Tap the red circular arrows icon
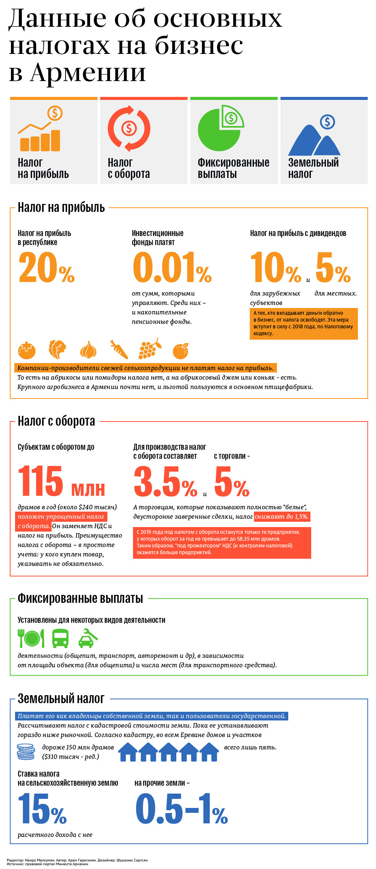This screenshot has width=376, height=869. [x=129, y=129]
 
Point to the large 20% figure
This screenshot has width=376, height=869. [x=46, y=268]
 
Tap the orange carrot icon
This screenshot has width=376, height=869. [x=119, y=349]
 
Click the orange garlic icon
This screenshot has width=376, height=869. [x=89, y=350]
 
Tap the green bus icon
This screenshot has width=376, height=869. [x=60, y=638]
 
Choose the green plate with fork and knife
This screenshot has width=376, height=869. [x=31, y=638]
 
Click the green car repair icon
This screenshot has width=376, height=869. [x=88, y=638]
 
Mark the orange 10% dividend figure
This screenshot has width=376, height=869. [x=275, y=268]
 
